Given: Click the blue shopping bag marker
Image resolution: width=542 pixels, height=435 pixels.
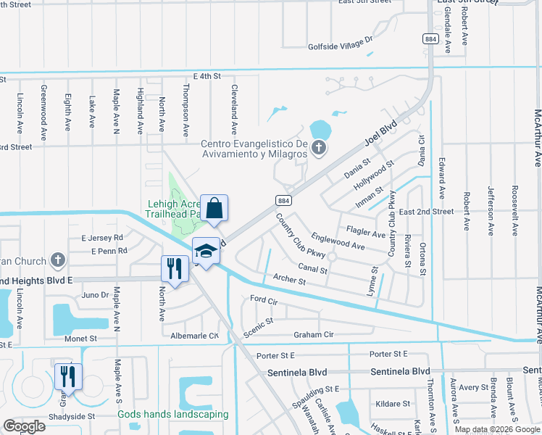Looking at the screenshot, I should point(214,208).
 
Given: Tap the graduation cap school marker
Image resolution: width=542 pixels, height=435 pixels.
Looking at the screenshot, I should point(207,251).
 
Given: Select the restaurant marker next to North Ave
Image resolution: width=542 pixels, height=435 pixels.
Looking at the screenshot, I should point(175,269).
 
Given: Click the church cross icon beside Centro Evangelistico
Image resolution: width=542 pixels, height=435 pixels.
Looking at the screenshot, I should point(317,149).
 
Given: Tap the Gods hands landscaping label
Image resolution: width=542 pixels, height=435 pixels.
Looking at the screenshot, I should point(173,415).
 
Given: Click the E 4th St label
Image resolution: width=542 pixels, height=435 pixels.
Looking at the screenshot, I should point(207,75).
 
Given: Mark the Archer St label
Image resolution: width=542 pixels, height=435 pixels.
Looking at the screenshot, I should point(290,278).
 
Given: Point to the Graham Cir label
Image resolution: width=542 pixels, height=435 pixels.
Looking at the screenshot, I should point(313,334).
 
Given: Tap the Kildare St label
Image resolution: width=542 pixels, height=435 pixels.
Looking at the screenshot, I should point(393,403).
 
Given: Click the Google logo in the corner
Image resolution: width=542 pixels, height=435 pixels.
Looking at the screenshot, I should point(24,426).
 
